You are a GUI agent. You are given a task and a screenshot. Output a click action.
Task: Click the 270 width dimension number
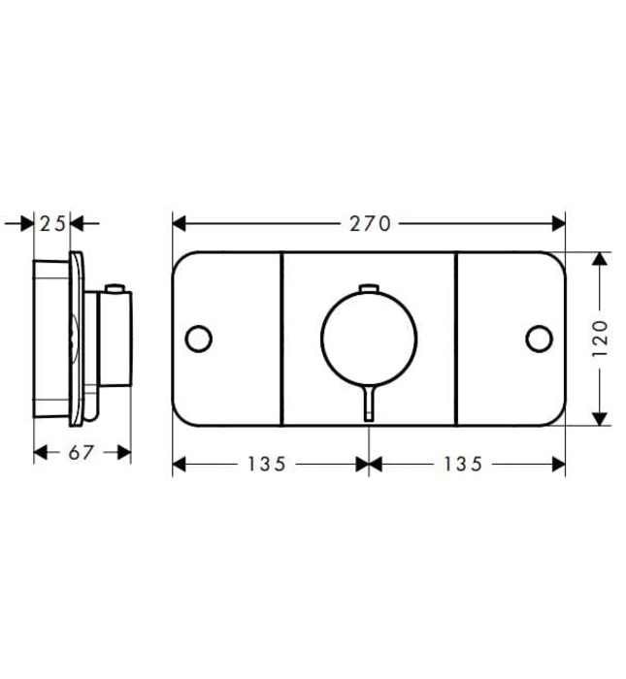pos(369,224)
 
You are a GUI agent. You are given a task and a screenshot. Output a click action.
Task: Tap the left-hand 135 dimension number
pos(266,465)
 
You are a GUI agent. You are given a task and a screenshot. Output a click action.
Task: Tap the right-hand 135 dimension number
pos(462,465)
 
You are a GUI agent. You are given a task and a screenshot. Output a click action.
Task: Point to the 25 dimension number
pos(52,224)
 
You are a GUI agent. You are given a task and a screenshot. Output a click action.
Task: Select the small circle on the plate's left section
pos(198,338)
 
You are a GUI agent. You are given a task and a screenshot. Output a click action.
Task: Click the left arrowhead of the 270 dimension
pos(180,224)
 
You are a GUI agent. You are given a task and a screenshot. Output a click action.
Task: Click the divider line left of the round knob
pos(281,338)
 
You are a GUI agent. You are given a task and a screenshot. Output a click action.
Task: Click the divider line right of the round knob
pos(456,338)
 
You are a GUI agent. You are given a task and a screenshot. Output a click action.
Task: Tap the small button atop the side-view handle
pos(115,288)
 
